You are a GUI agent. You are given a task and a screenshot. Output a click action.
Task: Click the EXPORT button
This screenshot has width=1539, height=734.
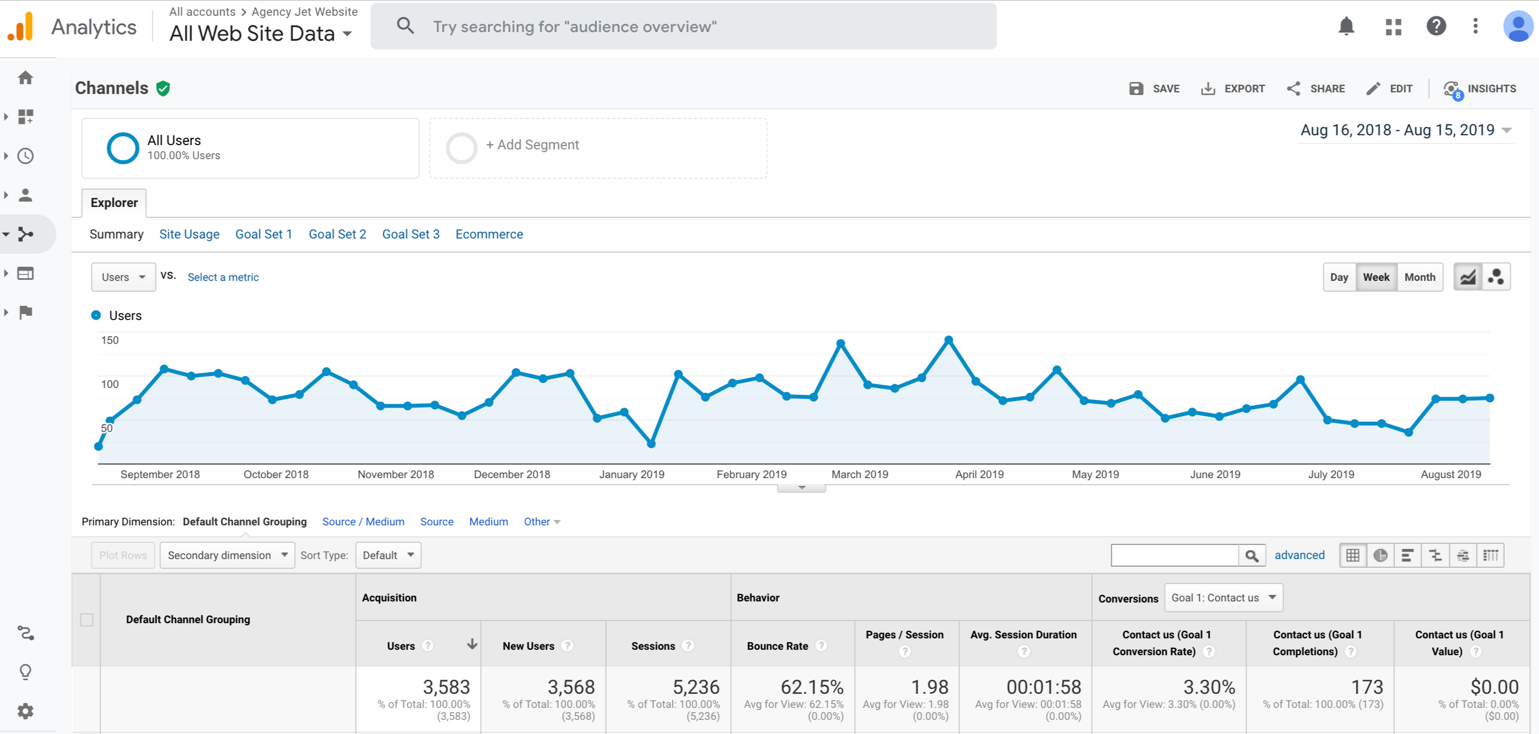(1232, 89)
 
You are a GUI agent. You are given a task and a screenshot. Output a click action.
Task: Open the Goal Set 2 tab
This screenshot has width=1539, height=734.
(338, 234)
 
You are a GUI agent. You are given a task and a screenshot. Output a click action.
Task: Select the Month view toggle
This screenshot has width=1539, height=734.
(1419, 277)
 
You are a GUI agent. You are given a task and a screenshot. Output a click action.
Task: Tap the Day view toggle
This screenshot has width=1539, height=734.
(1339, 277)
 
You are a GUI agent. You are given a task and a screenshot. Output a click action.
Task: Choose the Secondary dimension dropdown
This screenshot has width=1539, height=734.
(228, 555)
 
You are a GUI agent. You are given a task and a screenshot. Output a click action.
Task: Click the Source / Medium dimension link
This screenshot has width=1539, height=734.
(363, 522)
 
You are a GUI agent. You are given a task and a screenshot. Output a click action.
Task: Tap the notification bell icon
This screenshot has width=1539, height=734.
(1346, 26)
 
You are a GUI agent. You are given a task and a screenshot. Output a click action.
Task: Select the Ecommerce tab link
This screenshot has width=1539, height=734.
(489, 234)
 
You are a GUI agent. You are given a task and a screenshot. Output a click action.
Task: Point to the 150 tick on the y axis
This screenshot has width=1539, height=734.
(110, 341)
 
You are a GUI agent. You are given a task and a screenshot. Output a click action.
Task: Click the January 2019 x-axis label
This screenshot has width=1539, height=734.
(632, 475)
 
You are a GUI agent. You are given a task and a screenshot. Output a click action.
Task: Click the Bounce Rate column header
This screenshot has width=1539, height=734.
(777, 646)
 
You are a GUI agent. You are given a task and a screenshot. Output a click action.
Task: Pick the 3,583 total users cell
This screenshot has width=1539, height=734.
(446, 687)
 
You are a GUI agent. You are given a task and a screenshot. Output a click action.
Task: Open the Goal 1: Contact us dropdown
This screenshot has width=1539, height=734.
(1224, 598)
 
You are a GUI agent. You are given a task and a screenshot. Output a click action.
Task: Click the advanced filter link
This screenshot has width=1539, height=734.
(1299, 555)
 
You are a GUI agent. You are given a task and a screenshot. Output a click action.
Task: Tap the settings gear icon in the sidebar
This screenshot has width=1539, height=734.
(25, 711)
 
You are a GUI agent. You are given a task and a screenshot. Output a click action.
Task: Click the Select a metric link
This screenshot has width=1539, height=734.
(223, 277)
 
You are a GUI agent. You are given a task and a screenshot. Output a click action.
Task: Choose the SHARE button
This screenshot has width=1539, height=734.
(1316, 89)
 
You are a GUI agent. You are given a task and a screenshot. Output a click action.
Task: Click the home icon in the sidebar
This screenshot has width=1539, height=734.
(25, 78)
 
